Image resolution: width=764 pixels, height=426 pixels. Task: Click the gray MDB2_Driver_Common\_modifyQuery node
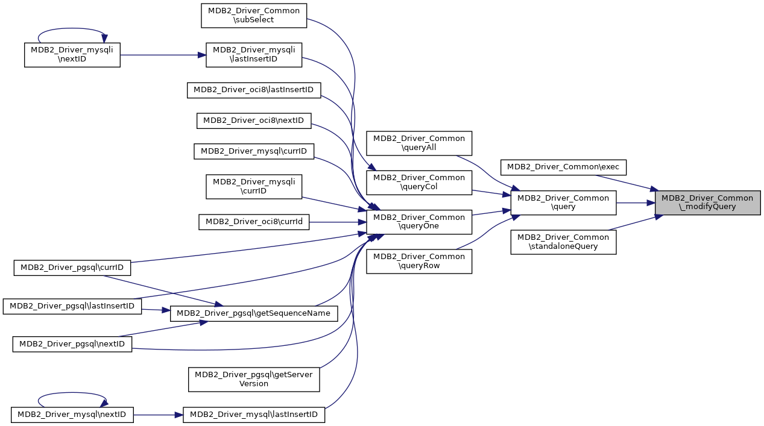707,202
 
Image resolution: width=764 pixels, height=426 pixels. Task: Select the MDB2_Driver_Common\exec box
564,166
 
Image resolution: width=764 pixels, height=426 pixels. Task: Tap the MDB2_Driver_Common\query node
563,202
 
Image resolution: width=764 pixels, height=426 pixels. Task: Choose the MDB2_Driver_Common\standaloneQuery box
563,242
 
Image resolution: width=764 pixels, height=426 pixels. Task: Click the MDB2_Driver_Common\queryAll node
419,143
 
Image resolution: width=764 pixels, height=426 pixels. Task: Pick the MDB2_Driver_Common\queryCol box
419,182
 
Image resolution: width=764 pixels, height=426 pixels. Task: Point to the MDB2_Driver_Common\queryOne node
419,222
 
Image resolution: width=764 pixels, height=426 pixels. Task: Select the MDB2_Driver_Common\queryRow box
419,261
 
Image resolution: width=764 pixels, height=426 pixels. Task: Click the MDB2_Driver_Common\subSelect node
254,15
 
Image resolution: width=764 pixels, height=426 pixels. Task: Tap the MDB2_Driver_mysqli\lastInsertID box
254,54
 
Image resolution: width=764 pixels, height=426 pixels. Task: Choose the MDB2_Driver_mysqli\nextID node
72,54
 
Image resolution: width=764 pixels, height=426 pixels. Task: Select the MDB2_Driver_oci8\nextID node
254,121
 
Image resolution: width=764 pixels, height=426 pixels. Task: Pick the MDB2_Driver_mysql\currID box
254,151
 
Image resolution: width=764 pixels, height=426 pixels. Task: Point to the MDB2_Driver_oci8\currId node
254,222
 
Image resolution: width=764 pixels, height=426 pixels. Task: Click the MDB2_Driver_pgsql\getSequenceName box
254,313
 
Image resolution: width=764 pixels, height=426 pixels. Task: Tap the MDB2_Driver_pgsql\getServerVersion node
254,379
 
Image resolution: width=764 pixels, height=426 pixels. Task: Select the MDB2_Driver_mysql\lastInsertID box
254,415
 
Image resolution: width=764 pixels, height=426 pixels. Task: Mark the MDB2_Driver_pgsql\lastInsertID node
72,306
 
